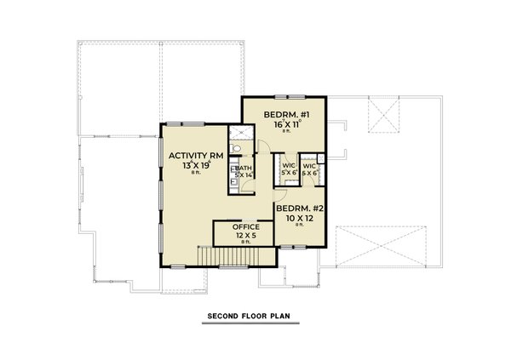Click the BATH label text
coord(244,169)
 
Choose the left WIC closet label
coord(288,164)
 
